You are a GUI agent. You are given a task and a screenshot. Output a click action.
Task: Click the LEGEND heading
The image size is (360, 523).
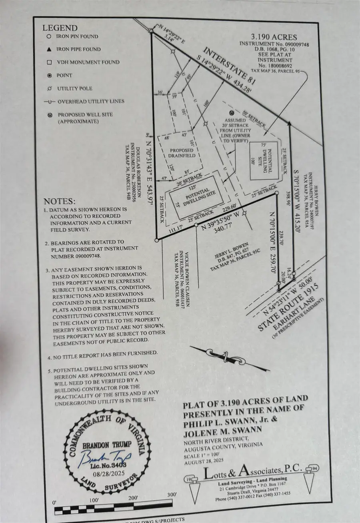point(60,28)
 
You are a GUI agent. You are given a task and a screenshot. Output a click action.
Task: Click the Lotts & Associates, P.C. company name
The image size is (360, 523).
point(252,473)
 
